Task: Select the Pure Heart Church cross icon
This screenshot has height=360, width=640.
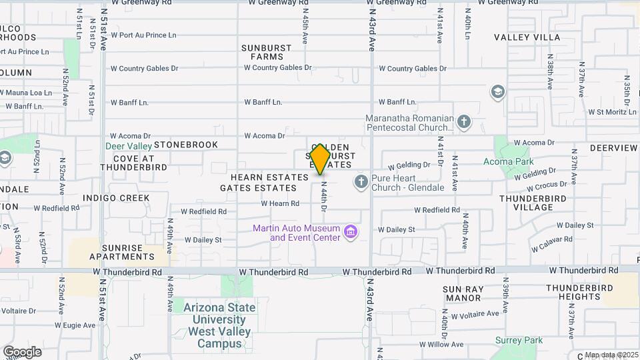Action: click(361, 182)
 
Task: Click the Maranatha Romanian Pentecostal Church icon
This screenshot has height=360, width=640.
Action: click(464, 122)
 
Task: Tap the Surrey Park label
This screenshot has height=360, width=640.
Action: click(519, 340)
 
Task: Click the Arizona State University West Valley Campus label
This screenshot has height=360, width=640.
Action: click(219, 325)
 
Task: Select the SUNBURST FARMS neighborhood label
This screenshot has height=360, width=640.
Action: click(266, 52)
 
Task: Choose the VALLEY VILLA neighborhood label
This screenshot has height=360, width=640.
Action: click(536, 37)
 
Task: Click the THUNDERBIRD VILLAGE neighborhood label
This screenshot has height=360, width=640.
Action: click(533, 203)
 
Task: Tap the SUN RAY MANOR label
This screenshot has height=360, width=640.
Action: click(462, 293)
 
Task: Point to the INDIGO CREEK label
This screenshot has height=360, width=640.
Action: click(117, 198)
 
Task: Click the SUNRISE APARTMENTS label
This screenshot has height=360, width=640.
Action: click(122, 251)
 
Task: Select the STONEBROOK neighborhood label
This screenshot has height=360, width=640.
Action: click(186, 144)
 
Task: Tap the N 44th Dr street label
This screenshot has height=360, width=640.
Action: click(323, 197)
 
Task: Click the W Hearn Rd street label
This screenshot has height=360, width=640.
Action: click(284, 203)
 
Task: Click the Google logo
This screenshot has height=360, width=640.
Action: click(22, 352)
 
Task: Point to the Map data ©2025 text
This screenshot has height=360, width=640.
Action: click(611, 355)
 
